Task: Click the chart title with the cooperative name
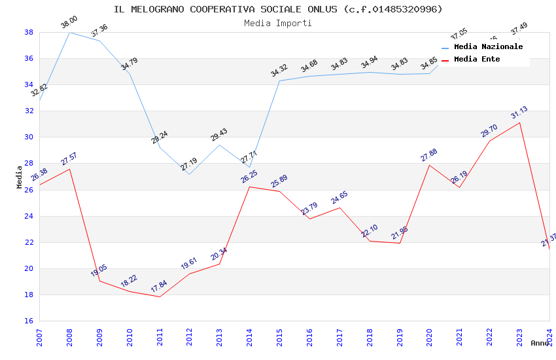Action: click(278, 9)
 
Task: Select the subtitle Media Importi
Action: click(278, 23)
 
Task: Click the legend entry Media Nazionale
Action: click(488, 47)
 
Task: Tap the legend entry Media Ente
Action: click(476, 60)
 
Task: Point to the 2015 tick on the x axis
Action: click(280, 338)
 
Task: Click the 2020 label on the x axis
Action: click(430, 338)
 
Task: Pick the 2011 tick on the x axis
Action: click(160, 338)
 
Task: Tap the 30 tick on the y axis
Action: click(29, 137)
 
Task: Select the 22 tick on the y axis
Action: click(29, 242)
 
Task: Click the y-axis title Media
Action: click(20, 177)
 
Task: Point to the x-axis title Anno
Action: click(540, 343)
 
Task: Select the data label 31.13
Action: click(519, 112)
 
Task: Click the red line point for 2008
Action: click(70, 169)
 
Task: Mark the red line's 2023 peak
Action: click(520, 122)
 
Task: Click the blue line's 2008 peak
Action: click(70, 32)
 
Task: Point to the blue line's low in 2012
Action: click(190, 174)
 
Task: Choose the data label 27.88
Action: click(429, 154)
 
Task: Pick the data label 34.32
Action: click(279, 71)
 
